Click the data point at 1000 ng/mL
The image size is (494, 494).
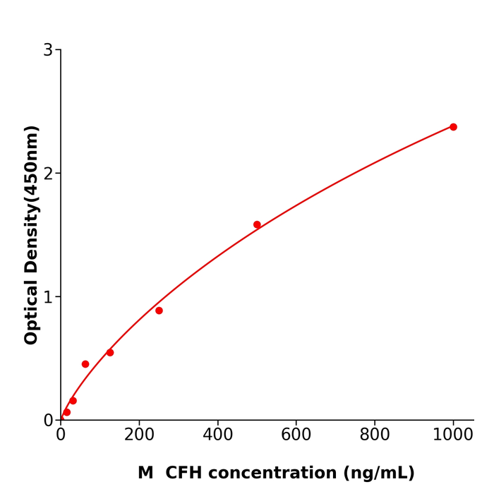point(453,127)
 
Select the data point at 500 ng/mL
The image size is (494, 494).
point(257,224)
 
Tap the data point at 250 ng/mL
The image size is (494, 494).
point(159,311)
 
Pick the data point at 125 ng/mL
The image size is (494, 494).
point(110,352)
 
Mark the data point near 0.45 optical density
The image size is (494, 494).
point(85,364)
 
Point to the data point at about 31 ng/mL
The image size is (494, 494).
point(73,401)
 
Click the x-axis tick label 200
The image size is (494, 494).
point(139,435)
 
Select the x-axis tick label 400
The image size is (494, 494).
point(217,435)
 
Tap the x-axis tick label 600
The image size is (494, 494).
point(296,435)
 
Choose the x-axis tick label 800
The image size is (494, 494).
point(374,435)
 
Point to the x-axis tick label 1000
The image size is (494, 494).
point(452,435)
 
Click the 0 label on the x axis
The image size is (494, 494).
point(61,435)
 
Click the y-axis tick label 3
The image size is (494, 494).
point(48,50)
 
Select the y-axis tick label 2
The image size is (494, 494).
point(48,174)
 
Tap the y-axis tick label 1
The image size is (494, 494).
point(48,297)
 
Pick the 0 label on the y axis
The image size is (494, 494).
point(48,421)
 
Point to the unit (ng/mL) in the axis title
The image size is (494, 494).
point(379,473)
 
